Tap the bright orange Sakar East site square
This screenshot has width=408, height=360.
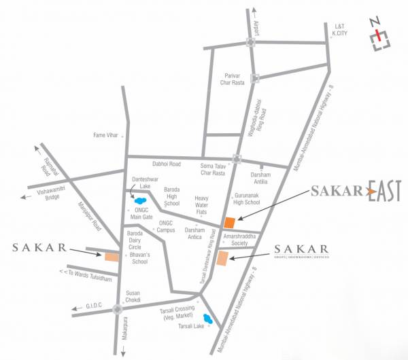click(x=230, y=222)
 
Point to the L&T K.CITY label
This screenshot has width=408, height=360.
click(x=339, y=30)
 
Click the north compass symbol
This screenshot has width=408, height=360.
click(x=379, y=40)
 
